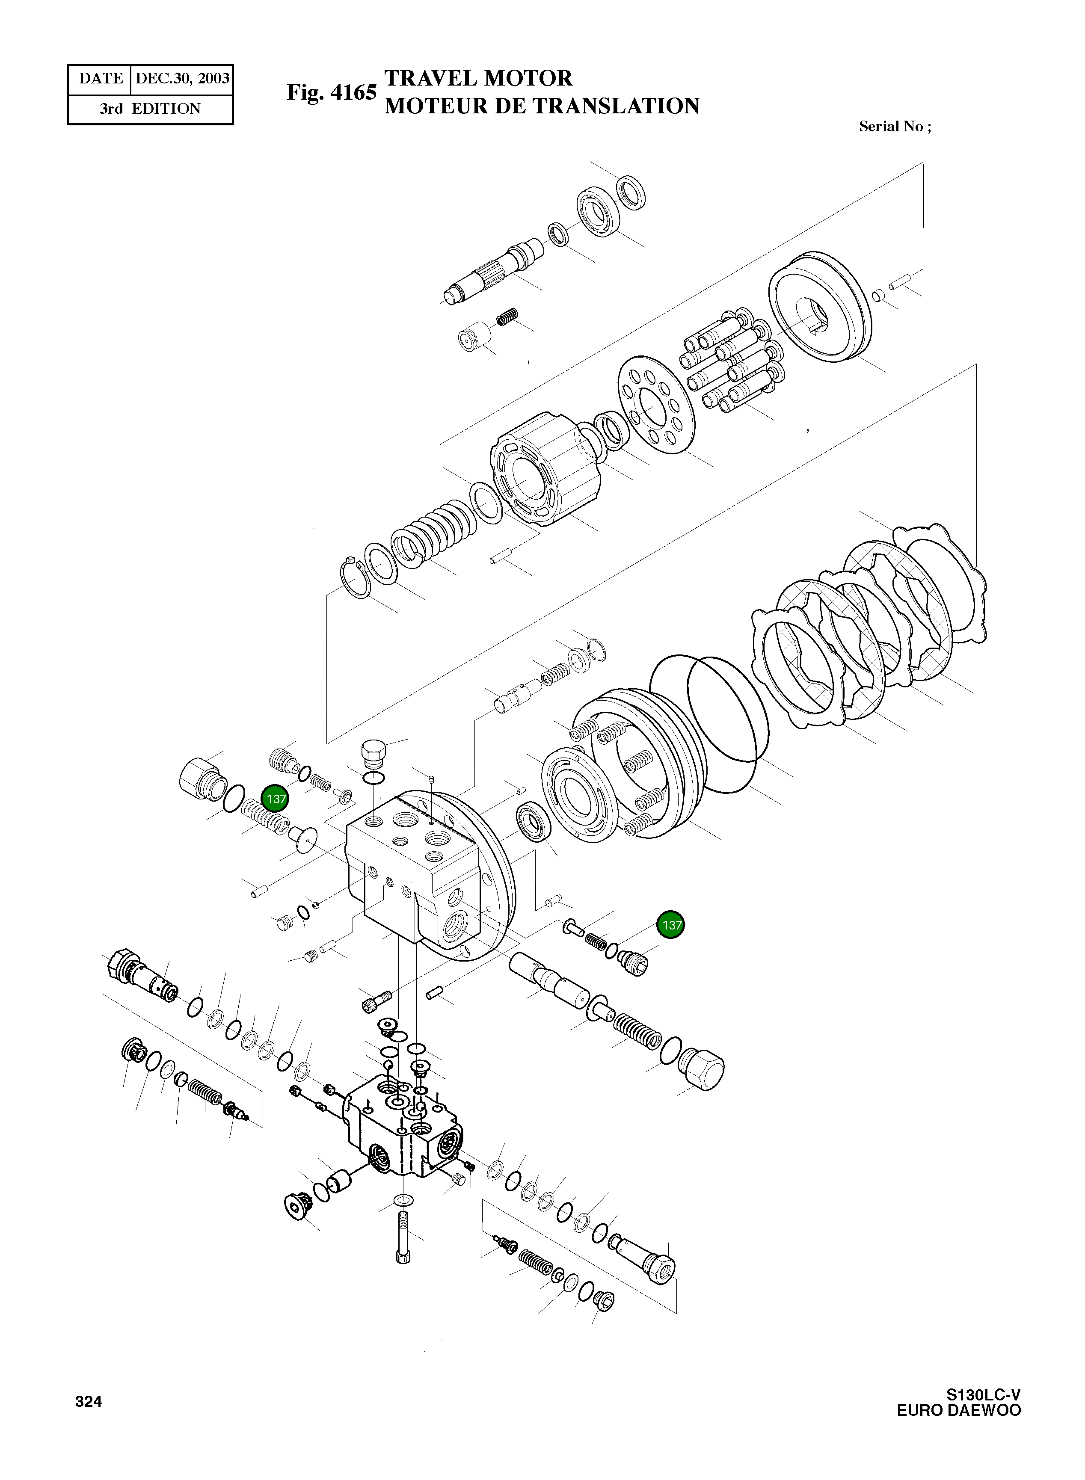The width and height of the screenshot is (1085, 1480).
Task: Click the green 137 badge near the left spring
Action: tap(275, 799)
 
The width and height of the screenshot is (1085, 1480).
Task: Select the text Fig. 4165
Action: tap(331, 92)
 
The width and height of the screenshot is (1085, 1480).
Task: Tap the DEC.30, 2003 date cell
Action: tap(182, 79)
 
